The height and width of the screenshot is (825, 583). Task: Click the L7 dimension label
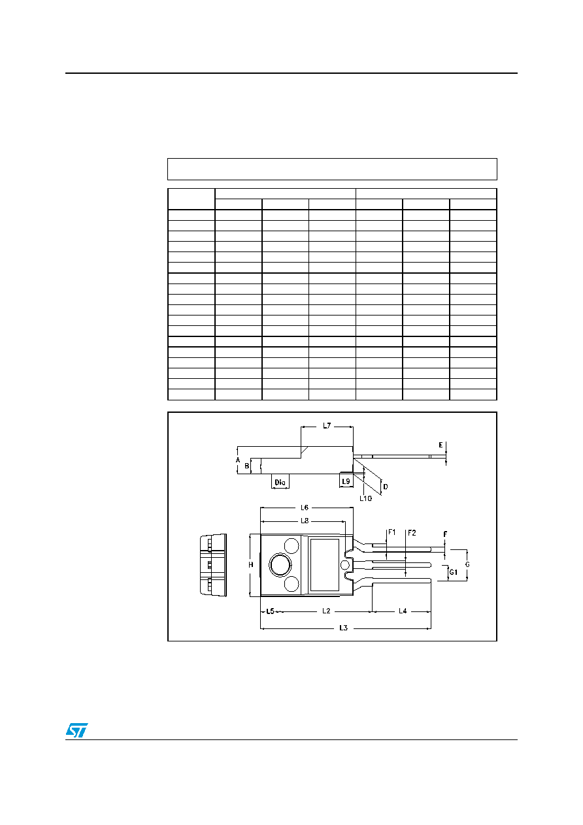pos(327,426)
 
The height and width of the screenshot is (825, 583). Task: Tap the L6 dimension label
pos(305,508)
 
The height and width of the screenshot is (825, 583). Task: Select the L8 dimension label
pos(305,521)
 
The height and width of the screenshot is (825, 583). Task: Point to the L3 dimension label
pos(344,628)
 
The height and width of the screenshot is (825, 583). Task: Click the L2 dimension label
pos(326,611)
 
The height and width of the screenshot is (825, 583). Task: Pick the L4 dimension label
pos(403,611)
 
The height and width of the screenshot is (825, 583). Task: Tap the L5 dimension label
pos(270,611)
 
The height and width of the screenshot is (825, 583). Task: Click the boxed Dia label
pos(280,482)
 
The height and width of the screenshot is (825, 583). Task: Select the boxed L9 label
pos(346,481)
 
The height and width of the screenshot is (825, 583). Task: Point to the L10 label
pos(365,498)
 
